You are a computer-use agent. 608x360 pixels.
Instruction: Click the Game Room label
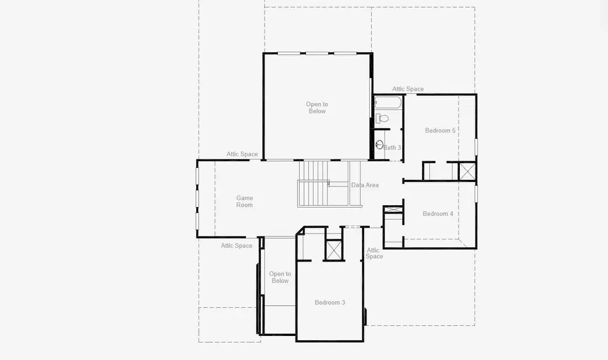click(x=244, y=202)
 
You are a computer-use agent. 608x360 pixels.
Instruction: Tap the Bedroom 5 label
click(x=440, y=131)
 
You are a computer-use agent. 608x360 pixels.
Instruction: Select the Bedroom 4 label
click(x=438, y=214)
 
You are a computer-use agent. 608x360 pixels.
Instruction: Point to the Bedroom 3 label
click(x=330, y=302)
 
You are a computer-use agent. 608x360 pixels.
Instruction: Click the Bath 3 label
click(x=392, y=148)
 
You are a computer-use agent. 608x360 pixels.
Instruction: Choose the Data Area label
click(x=365, y=185)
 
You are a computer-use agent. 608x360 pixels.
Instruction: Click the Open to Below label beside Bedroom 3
click(x=279, y=277)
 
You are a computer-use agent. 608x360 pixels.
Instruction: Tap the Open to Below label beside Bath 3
click(x=317, y=107)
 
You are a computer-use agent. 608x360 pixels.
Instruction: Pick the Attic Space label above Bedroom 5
click(x=408, y=89)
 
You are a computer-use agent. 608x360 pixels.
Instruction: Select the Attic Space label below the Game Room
click(x=236, y=245)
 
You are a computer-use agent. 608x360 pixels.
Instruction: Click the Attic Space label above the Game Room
click(x=242, y=154)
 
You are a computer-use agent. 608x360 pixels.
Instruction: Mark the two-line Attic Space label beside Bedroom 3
click(x=374, y=253)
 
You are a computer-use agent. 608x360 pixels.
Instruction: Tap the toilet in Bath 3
click(x=384, y=118)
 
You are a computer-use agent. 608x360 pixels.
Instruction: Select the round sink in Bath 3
click(x=379, y=145)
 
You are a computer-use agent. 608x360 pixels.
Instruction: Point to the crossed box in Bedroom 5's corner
click(x=467, y=171)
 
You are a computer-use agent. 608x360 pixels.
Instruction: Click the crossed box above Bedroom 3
click(x=333, y=250)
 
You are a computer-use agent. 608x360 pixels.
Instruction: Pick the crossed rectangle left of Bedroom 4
click(x=393, y=210)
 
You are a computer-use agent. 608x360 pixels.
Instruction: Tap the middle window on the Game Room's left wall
click(x=197, y=199)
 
